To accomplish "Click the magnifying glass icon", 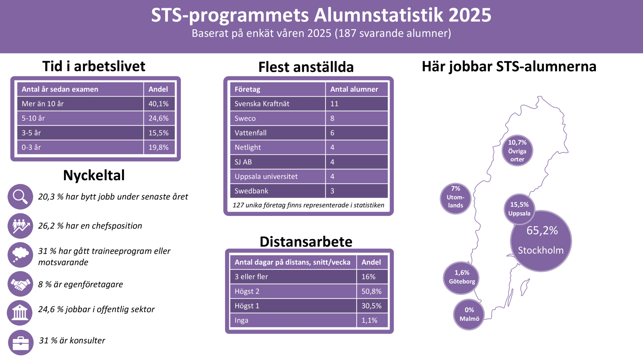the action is click(x=20, y=197).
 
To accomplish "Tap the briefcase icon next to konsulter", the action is click(x=21, y=343).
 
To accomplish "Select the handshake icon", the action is click(x=20, y=284).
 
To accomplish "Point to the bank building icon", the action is click(x=20, y=313).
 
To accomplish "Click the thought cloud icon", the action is click(x=20, y=255).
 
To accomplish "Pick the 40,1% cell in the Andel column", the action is click(x=159, y=104).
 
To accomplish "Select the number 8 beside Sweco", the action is click(x=332, y=118).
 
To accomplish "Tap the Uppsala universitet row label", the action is click(x=266, y=177).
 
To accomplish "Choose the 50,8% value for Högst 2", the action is click(x=371, y=291).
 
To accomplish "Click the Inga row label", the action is click(x=241, y=321).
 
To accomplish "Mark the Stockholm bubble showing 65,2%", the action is click(x=541, y=241).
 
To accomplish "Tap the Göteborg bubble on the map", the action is click(x=461, y=278).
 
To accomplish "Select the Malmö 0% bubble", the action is click(x=469, y=314).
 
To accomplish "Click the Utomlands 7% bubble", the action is click(x=456, y=199).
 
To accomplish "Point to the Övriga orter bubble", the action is click(x=517, y=151).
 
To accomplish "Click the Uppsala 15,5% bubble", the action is click(x=519, y=209).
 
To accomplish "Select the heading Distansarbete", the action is click(x=306, y=242).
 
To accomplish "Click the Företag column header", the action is click(x=247, y=89).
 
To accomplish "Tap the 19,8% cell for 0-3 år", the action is click(x=159, y=147).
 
